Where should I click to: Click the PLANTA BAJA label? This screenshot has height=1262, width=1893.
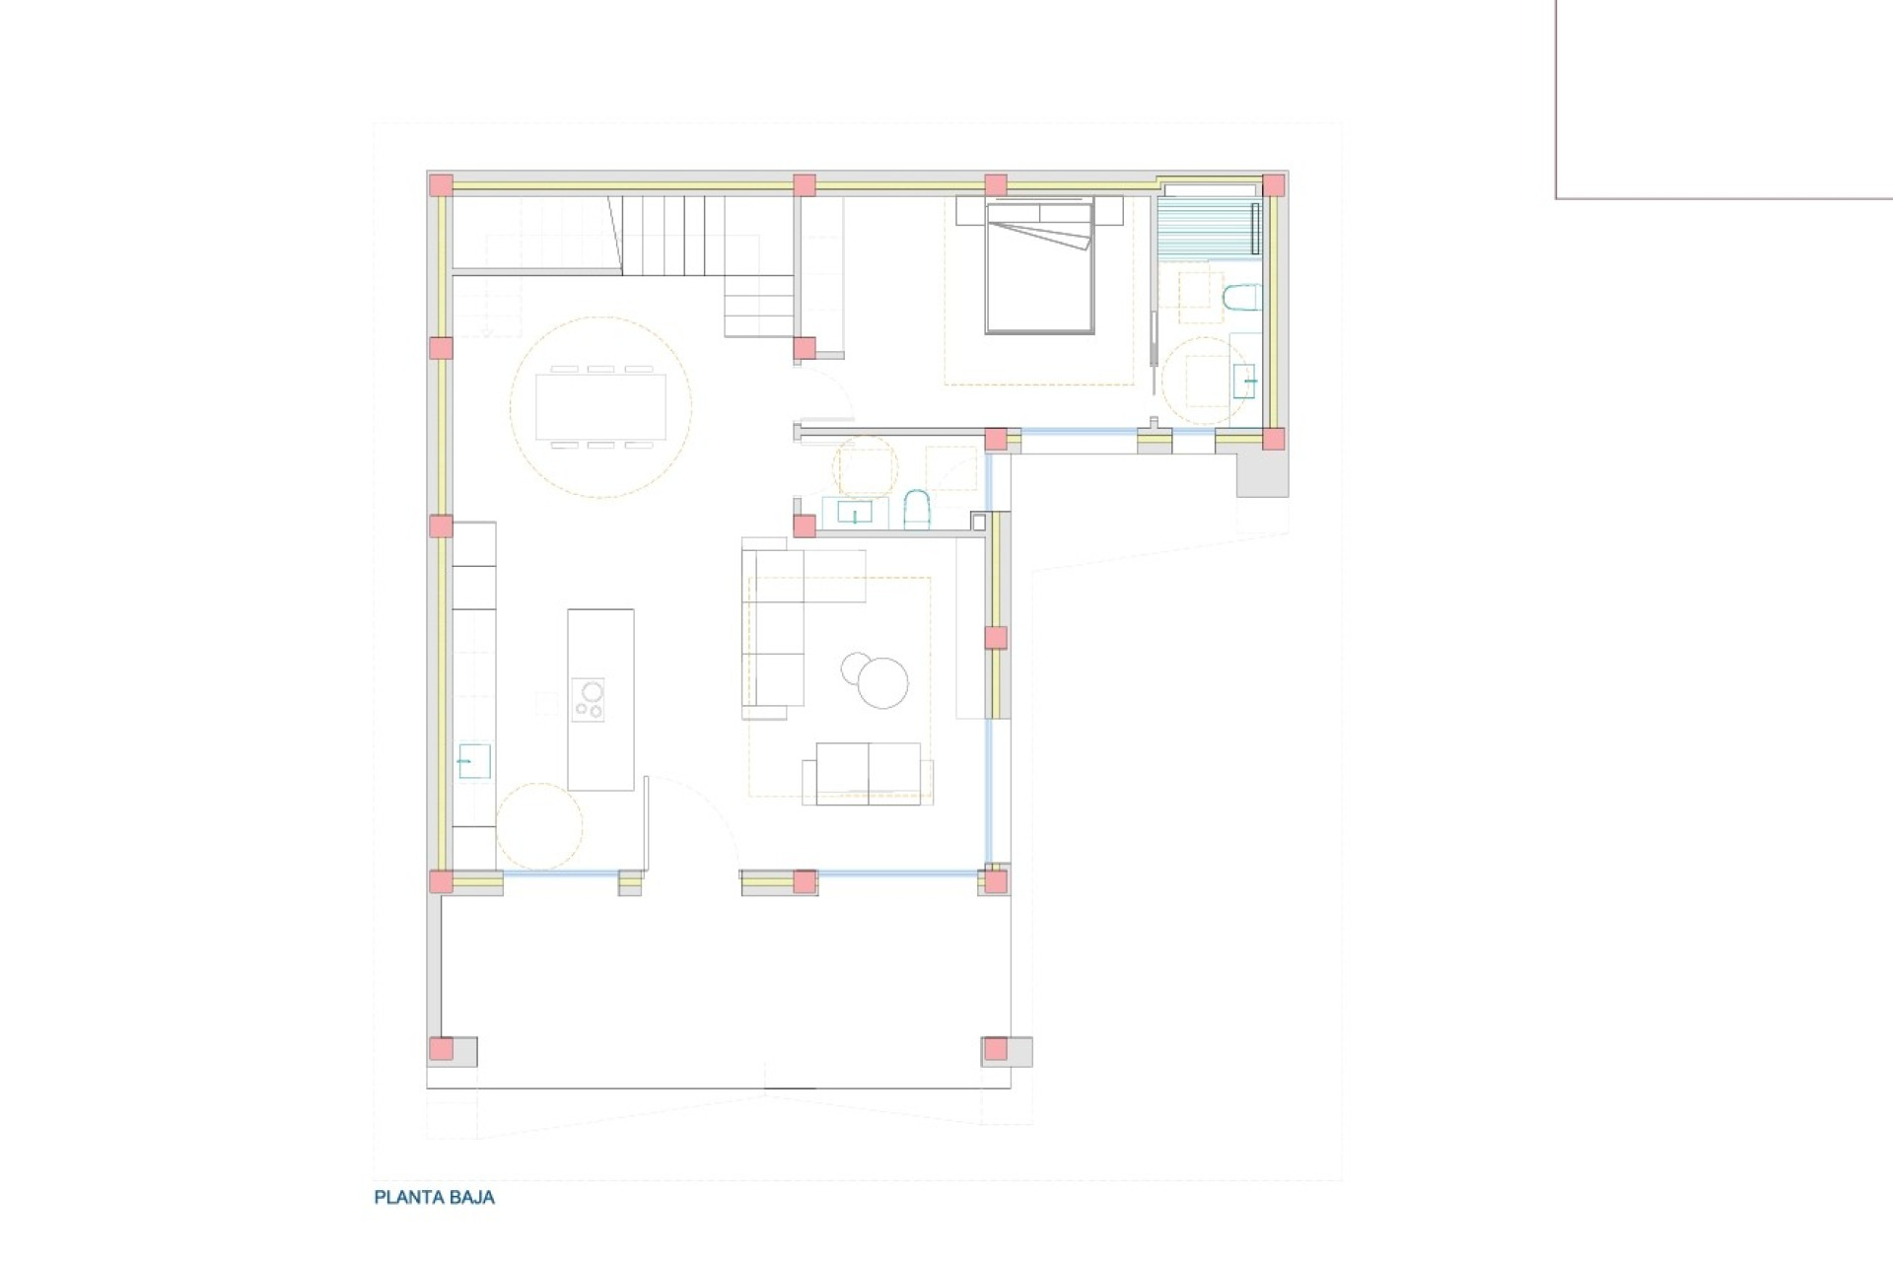pyautogui.click(x=434, y=1198)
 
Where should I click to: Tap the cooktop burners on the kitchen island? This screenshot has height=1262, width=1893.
pyautogui.click(x=589, y=700)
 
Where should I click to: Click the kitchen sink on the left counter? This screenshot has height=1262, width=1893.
pyautogui.click(x=474, y=761)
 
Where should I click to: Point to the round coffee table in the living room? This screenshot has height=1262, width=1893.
pyautogui.click(x=881, y=681)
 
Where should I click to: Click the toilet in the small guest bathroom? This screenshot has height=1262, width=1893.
pyautogui.click(x=916, y=511)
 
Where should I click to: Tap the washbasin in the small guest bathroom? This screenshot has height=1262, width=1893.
pyautogui.click(x=854, y=513)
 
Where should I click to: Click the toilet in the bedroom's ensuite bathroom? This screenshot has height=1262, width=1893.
pyautogui.click(x=1240, y=298)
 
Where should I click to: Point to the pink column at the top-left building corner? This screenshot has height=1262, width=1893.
pyautogui.click(x=441, y=185)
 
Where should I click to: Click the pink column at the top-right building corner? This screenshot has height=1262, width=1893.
pyautogui.click(x=1274, y=185)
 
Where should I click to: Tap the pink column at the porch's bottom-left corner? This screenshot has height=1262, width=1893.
pyautogui.click(x=441, y=1049)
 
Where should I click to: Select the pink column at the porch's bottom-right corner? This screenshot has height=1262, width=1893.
pyautogui.click(x=996, y=1049)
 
